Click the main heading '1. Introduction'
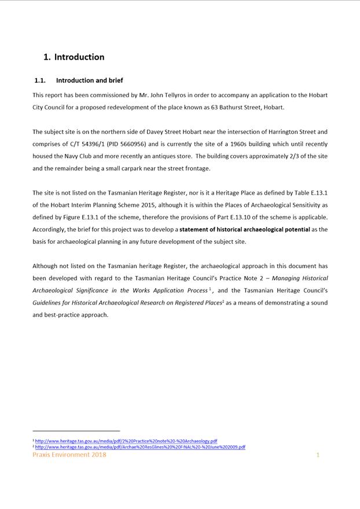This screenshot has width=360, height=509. (x=74, y=57)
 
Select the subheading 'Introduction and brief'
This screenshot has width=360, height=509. (x=89, y=80)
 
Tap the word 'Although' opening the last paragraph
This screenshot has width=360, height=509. (x=45, y=266)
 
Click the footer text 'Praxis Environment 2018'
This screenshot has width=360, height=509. (x=69, y=455)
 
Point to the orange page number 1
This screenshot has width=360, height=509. (x=318, y=455)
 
